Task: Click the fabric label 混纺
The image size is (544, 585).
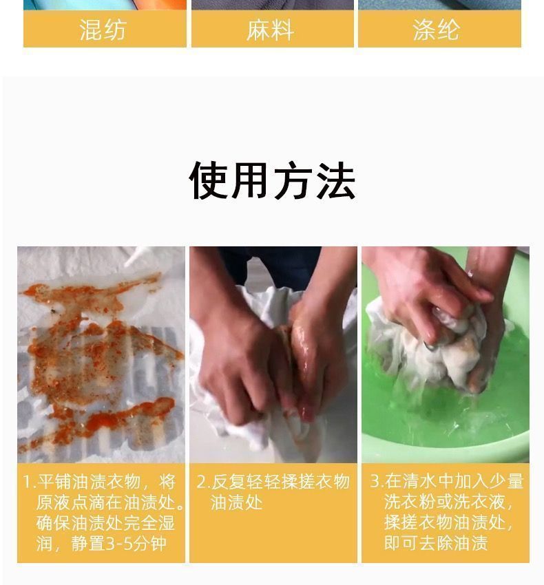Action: point(103,30)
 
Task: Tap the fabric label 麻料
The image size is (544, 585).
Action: point(270,30)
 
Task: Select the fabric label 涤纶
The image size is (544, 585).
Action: point(436,30)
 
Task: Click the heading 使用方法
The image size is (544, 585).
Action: point(272,180)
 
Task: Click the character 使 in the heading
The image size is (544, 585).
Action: point(209,180)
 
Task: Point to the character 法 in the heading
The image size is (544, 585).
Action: point(335,181)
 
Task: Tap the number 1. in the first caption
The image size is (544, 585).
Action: point(29,482)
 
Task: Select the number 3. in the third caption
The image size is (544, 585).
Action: point(377,481)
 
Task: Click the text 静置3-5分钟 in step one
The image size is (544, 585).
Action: point(118,544)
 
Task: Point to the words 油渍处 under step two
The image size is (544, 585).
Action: point(236,502)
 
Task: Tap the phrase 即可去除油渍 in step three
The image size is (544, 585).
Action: point(436,543)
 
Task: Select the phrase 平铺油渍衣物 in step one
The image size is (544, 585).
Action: point(89,482)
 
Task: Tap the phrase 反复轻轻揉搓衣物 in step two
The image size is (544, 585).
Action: point(280,482)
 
